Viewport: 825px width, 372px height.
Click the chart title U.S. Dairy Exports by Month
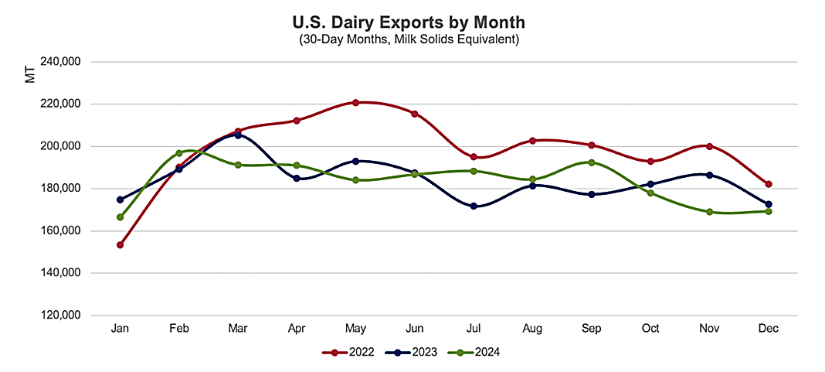(x=409, y=22)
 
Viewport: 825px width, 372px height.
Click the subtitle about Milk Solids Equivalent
(x=409, y=39)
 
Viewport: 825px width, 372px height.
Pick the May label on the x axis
(x=355, y=329)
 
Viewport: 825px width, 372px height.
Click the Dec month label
(x=769, y=329)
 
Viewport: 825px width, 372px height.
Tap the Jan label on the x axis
(x=120, y=329)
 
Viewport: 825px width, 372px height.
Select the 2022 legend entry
(x=348, y=352)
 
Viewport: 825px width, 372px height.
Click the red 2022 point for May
(x=355, y=102)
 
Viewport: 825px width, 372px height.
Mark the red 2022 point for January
(x=120, y=245)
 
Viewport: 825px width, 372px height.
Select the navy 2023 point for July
(x=474, y=206)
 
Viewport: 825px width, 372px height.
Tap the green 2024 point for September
(x=592, y=162)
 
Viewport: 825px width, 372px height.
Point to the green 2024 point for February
(x=178, y=153)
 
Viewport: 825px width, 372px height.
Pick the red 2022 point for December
(x=769, y=184)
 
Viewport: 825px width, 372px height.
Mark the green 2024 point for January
(x=120, y=217)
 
